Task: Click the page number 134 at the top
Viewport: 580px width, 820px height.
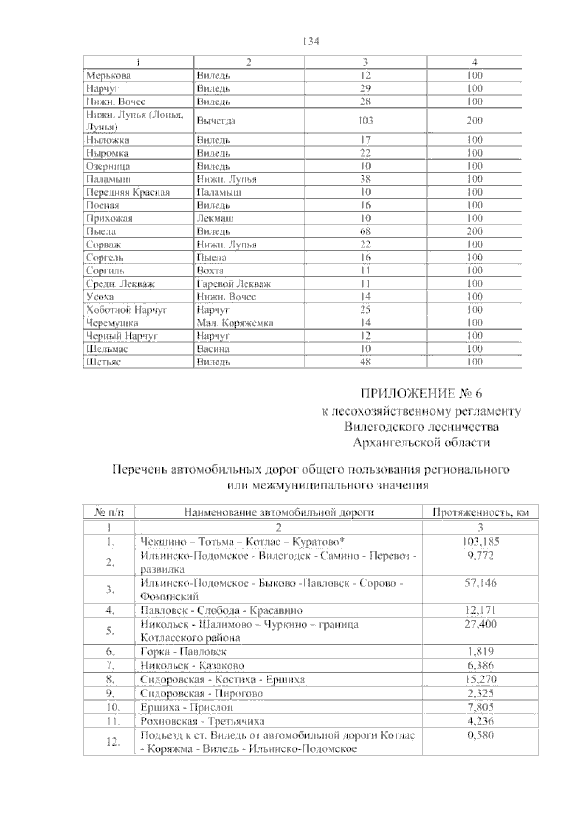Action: click(311, 42)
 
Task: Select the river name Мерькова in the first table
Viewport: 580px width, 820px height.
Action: click(108, 75)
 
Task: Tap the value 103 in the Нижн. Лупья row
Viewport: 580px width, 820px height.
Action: click(365, 120)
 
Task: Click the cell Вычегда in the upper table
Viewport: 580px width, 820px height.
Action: click(216, 121)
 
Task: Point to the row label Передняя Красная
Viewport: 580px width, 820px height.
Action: click(128, 192)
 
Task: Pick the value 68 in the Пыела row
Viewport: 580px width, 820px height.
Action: click(365, 231)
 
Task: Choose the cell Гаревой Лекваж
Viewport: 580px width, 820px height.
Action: click(233, 284)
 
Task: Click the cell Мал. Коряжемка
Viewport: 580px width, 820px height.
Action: click(234, 323)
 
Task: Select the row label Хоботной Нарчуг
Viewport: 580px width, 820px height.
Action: click(126, 310)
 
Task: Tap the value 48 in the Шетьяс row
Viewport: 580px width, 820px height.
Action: click(365, 362)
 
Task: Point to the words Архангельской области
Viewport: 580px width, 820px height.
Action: click(421, 443)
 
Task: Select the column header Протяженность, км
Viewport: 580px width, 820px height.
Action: click(480, 513)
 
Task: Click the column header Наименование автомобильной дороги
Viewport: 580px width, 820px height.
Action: click(279, 513)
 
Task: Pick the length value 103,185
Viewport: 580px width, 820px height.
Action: click(480, 541)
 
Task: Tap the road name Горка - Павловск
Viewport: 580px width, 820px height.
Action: click(183, 652)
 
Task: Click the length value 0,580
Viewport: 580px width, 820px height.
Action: click(480, 736)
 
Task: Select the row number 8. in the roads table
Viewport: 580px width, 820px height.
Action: click(109, 680)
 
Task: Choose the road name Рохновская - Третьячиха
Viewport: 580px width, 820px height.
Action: click(202, 722)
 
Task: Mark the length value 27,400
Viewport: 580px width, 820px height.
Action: click(480, 624)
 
